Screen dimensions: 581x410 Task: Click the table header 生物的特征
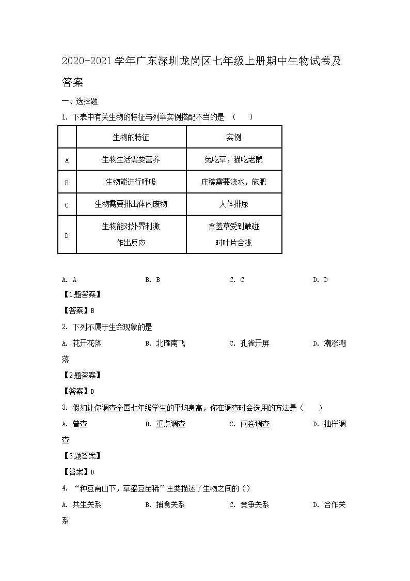click(131, 137)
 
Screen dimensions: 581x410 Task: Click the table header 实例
click(233, 137)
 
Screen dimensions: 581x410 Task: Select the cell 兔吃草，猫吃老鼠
click(233, 159)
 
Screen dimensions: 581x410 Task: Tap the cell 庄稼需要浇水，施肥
click(233, 182)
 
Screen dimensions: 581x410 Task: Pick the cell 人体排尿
click(233, 204)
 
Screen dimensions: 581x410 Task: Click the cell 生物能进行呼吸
click(131, 182)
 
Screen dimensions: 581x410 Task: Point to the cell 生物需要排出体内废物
click(131, 204)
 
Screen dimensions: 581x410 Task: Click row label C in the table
click(67, 205)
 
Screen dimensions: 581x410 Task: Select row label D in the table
click(67, 235)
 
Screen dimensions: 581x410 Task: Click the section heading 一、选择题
click(80, 101)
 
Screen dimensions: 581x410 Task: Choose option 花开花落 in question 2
click(87, 343)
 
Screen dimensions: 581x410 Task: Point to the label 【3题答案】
click(81, 456)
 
